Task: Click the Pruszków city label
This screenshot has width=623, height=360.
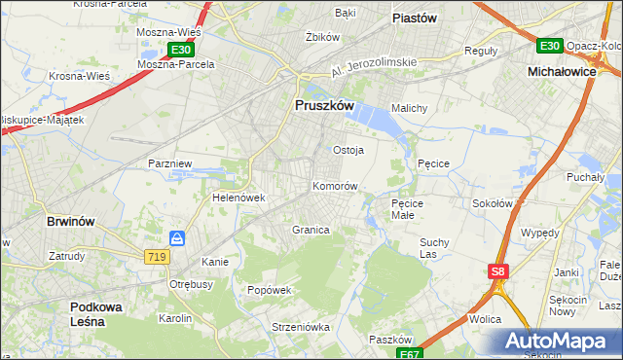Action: (x=323, y=107)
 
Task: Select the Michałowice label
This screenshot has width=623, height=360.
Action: (x=561, y=72)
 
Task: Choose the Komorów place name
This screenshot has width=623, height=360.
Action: (x=336, y=185)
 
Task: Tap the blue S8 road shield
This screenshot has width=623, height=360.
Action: (x=498, y=271)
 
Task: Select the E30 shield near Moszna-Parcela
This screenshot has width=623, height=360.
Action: (x=179, y=49)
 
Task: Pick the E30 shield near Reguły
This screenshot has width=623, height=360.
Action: (x=549, y=45)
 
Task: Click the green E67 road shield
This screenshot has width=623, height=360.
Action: (x=411, y=353)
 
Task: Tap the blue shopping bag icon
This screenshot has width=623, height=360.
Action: (x=177, y=237)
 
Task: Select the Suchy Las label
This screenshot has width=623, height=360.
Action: (x=434, y=248)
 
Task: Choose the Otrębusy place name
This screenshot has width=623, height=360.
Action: (x=192, y=284)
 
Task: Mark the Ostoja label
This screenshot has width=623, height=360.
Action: (x=348, y=150)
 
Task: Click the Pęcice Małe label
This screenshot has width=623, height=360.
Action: (x=409, y=208)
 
